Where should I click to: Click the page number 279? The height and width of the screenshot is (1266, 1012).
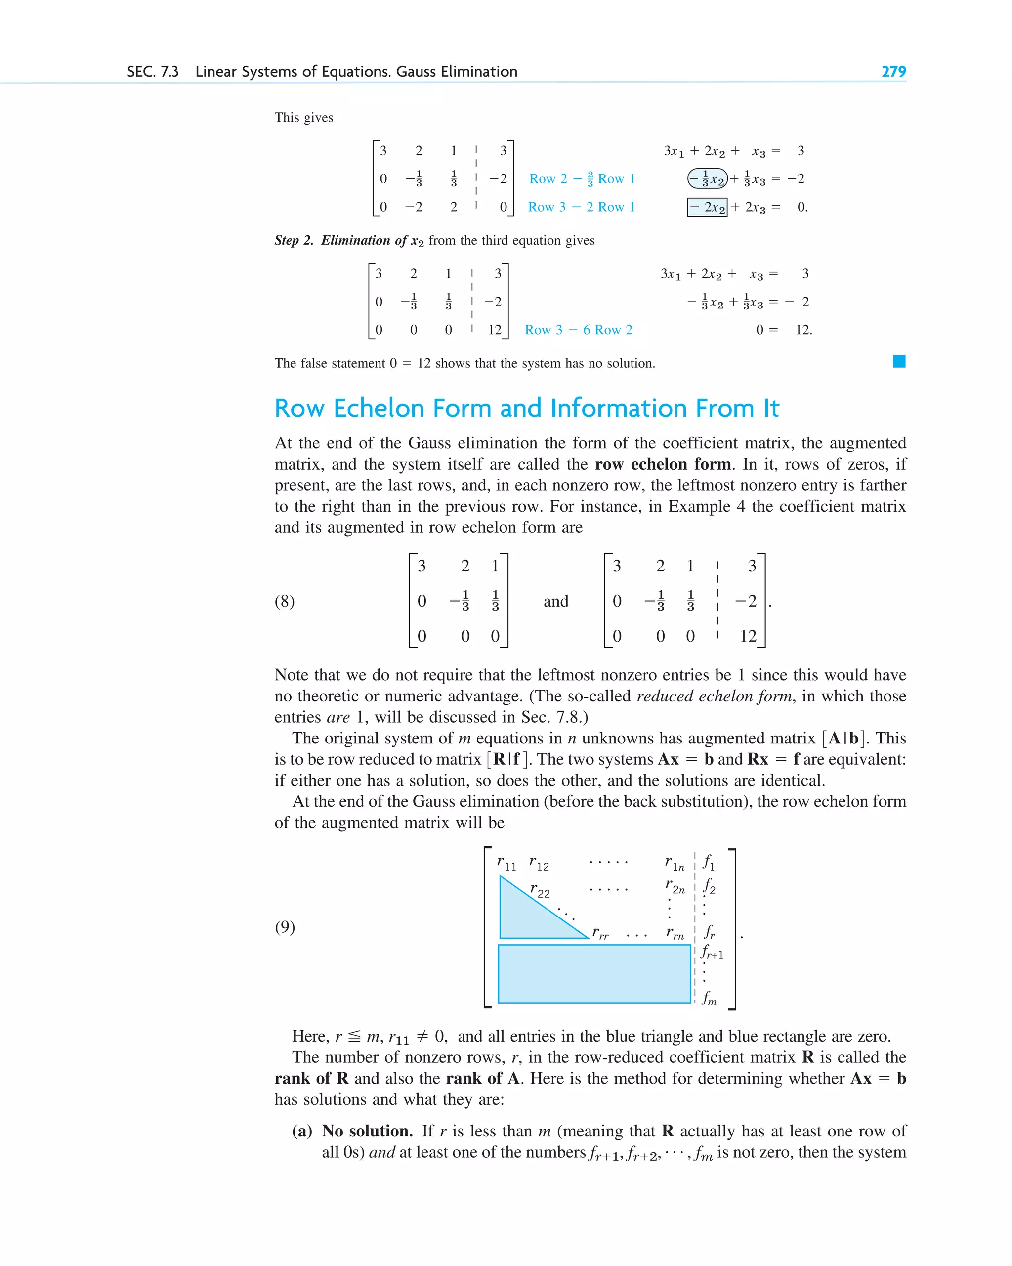pyautogui.click(x=893, y=72)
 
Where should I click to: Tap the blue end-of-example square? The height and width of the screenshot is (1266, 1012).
pyautogui.click(x=899, y=362)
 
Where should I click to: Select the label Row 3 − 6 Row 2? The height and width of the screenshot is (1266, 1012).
pyautogui.click(x=578, y=330)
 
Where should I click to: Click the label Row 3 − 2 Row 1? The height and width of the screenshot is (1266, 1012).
pyautogui.click(x=581, y=207)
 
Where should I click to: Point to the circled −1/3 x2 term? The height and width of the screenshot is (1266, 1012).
pyautogui.click(x=707, y=178)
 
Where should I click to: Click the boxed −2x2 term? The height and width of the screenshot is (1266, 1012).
pyautogui.click(x=707, y=207)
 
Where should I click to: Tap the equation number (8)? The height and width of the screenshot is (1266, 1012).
pyautogui.click(x=285, y=601)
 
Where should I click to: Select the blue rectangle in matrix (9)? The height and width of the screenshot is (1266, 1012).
pyautogui.click(x=593, y=973)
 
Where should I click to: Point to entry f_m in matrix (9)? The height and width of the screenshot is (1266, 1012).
pyautogui.click(x=709, y=998)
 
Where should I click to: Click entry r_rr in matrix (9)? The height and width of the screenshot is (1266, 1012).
pyautogui.click(x=600, y=932)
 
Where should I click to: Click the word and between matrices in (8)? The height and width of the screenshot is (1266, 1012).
pyautogui.click(x=555, y=601)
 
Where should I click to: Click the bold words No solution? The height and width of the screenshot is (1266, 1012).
pyautogui.click(x=367, y=1131)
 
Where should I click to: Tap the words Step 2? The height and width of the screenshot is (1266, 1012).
pyautogui.click(x=294, y=240)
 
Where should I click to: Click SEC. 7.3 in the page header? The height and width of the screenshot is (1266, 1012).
pyautogui.click(x=153, y=72)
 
